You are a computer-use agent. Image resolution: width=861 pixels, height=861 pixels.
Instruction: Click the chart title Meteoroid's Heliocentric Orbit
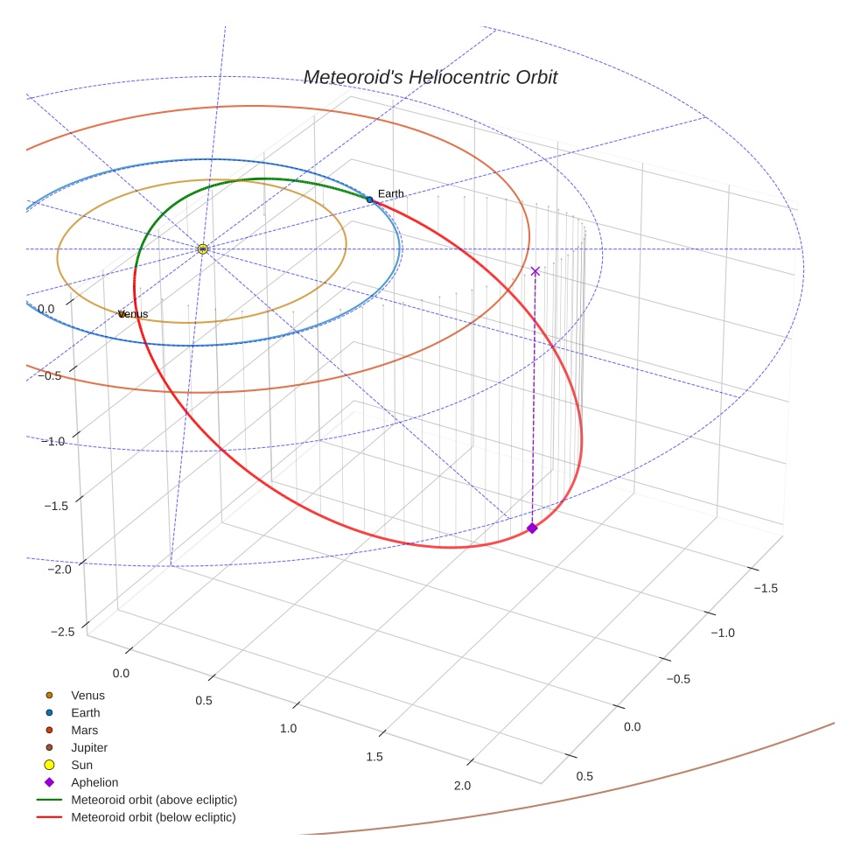tap(430, 78)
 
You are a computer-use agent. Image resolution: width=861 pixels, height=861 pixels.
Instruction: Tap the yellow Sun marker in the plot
tap(202, 249)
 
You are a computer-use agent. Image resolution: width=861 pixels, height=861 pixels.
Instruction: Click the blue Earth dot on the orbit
tap(369, 200)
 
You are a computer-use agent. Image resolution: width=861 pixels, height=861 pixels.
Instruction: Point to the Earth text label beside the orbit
tap(391, 193)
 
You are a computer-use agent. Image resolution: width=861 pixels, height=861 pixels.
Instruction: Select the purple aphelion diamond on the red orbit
tap(532, 528)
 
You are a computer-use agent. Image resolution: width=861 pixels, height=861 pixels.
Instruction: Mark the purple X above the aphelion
tap(535, 271)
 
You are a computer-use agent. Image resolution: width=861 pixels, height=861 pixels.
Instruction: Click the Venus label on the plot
tap(133, 314)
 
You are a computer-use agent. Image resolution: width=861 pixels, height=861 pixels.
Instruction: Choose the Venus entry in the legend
tap(87, 695)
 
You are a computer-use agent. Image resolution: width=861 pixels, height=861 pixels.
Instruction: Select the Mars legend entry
tap(84, 730)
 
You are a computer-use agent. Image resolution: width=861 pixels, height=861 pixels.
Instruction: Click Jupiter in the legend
tap(89, 747)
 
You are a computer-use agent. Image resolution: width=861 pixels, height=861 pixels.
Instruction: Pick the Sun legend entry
tap(81, 765)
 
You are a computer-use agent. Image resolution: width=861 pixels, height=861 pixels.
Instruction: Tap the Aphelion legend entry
tap(94, 782)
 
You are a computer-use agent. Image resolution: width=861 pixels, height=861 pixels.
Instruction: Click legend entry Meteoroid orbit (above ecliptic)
tap(154, 800)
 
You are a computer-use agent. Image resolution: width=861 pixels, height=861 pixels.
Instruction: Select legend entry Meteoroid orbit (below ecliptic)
tap(153, 817)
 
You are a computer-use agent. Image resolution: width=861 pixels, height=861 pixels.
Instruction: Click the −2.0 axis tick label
tap(59, 570)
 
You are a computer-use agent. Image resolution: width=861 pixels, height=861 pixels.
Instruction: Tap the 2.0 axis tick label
tap(462, 786)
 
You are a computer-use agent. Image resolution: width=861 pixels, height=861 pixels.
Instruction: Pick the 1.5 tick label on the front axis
tap(374, 757)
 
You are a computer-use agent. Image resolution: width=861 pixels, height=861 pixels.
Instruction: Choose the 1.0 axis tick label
tap(288, 728)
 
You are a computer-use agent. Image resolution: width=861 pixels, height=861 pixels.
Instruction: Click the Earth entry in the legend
tap(85, 712)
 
